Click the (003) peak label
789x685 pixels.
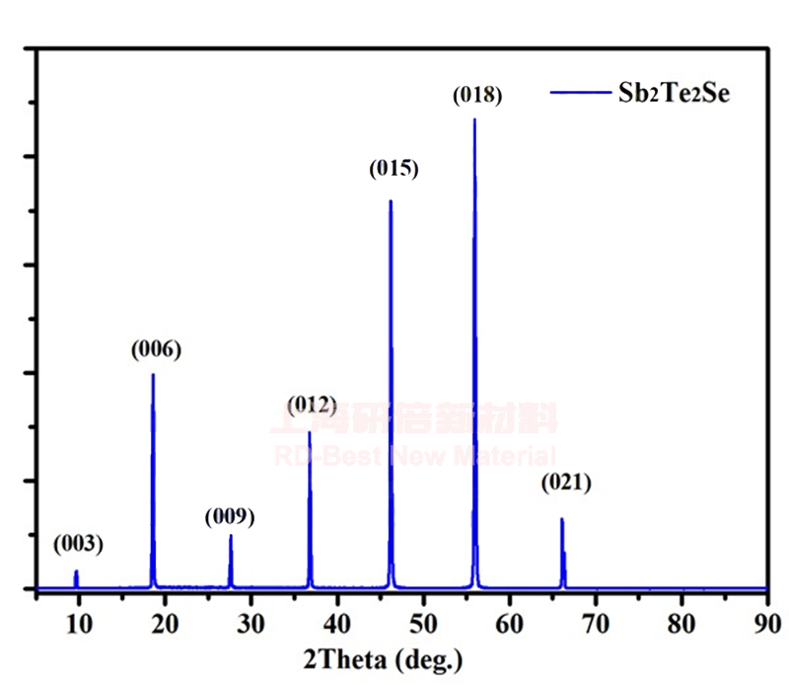[x=78, y=544]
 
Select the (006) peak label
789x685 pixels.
[x=156, y=349]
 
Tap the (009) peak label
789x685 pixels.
[x=230, y=516]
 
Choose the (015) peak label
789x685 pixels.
[x=394, y=169]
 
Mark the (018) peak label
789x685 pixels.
[x=477, y=96]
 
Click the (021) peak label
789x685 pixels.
[x=565, y=484]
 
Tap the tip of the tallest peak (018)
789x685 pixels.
[x=474, y=119]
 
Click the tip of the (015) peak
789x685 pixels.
[x=391, y=201]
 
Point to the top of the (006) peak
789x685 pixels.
[x=153, y=374]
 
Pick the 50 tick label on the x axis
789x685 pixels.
[x=423, y=625]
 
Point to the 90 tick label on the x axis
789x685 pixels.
[x=766, y=625]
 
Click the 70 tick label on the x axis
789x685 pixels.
[x=595, y=625]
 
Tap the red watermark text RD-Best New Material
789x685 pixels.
[x=414, y=456]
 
